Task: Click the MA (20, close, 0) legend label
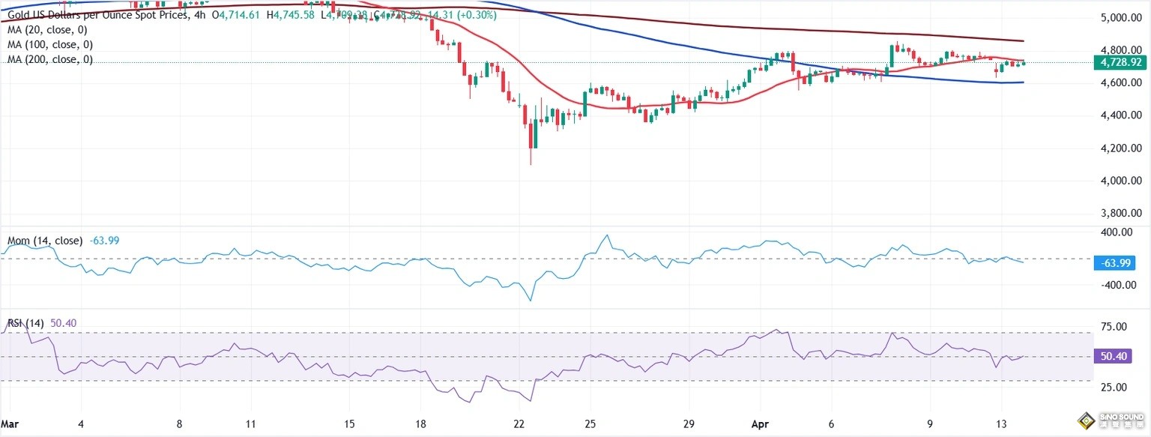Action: pyautogui.click(x=46, y=29)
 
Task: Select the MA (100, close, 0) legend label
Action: pyautogui.click(x=49, y=44)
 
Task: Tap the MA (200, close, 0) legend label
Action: pyautogui.click(x=49, y=58)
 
